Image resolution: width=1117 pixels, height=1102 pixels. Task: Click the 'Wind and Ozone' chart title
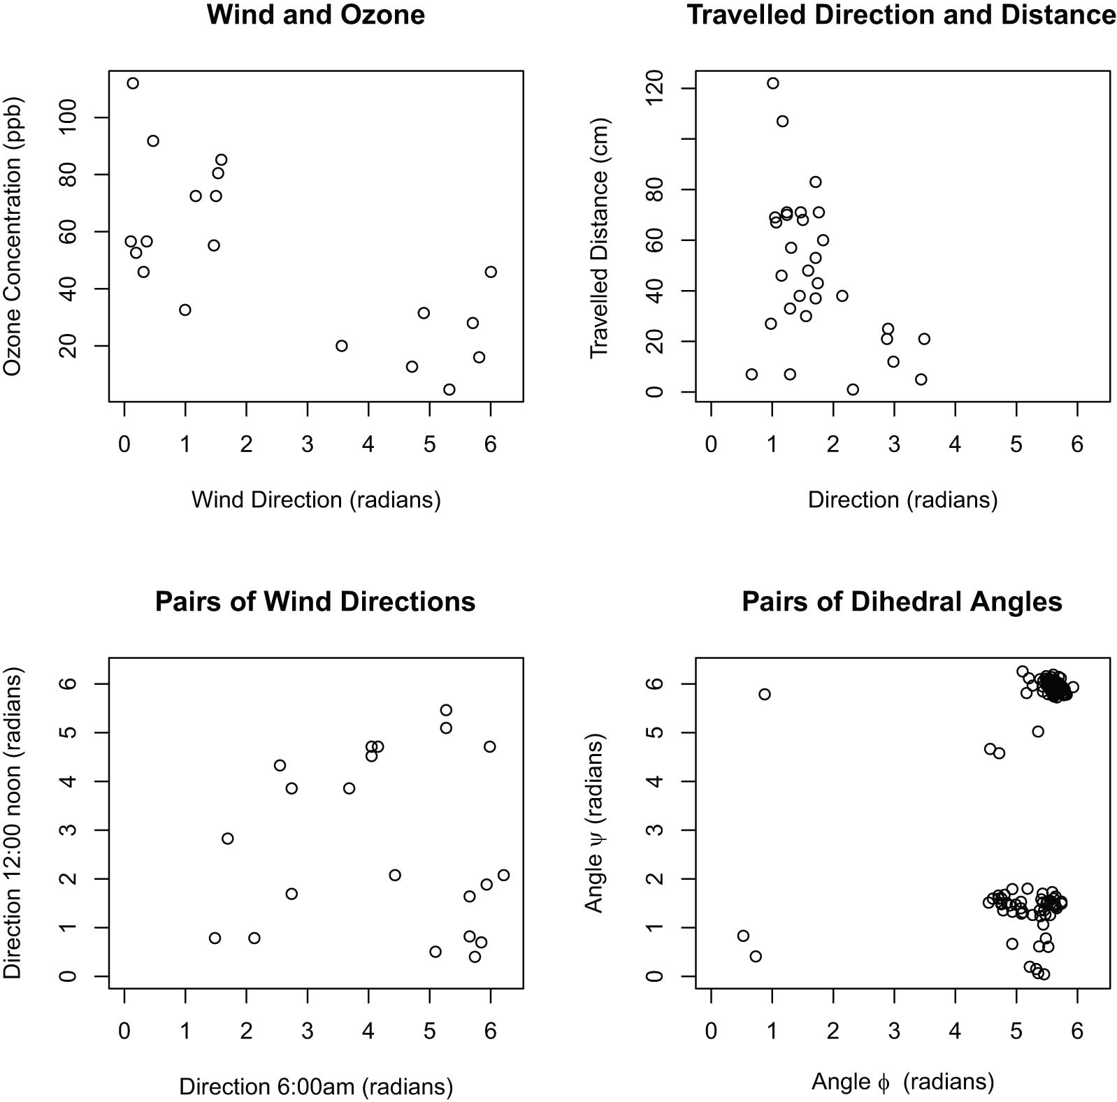click(x=316, y=15)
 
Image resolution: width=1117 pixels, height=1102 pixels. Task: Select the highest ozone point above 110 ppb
click(x=133, y=83)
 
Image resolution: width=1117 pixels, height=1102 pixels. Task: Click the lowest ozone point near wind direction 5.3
click(x=449, y=389)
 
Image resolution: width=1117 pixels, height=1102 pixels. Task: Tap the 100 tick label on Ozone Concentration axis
click(x=69, y=117)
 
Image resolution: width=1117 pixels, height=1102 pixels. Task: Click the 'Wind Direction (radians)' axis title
click(x=316, y=500)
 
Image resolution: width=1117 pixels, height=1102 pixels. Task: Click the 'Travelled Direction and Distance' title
click(x=902, y=15)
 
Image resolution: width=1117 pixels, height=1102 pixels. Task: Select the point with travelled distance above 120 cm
click(x=772, y=83)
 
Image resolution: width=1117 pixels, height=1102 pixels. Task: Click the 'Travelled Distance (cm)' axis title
click(x=600, y=238)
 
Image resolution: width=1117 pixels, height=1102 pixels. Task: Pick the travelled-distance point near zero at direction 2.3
click(x=853, y=389)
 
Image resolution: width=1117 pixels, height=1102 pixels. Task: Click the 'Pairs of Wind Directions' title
click(x=315, y=602)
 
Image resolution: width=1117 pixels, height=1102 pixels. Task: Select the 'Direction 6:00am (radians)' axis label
click(x=316, y=1087)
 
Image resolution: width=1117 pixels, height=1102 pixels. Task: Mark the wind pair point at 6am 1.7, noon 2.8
click(x=228, y=839)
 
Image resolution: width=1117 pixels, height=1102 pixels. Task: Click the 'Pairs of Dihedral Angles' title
click(x=902, y=602)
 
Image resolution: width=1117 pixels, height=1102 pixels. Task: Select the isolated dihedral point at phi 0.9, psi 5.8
click(x=765, y=694)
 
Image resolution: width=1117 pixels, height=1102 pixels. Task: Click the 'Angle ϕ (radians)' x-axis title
click(x=902, y=1082)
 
